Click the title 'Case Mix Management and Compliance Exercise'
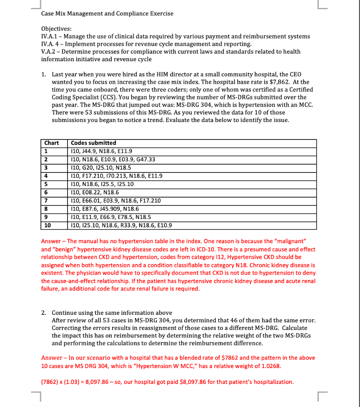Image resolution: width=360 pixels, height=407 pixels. (107, 14)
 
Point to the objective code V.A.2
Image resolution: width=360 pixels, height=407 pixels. (49, 52)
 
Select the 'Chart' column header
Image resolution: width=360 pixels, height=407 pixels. (52, 143)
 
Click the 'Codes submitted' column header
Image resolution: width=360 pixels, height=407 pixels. (93, 143)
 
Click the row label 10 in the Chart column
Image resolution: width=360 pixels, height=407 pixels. (47, 226)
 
